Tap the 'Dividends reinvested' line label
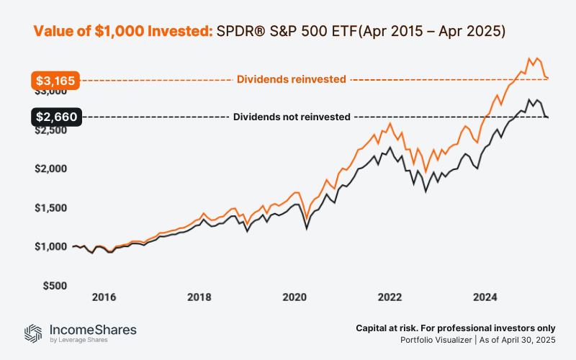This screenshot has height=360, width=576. (292, 79)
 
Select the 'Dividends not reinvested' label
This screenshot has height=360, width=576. (292, 117)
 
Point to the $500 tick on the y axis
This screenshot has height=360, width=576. (57, 286)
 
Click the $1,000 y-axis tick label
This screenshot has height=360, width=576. (54, 247)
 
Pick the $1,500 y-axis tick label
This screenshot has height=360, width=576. (54, 208)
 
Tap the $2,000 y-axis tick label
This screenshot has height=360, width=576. (54, 169)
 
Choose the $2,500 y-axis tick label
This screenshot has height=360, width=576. (54, 130)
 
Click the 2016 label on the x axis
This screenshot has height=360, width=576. (104, 297)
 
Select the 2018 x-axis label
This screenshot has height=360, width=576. (199, 297)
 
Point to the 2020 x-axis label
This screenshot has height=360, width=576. (294, 297)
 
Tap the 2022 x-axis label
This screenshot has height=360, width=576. (390, 297)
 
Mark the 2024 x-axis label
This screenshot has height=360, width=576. (485, 297)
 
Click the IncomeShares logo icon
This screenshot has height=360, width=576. (32, 333)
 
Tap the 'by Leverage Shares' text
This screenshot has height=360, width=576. (78, 340)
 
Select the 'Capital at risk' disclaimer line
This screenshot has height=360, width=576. (455, 328)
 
